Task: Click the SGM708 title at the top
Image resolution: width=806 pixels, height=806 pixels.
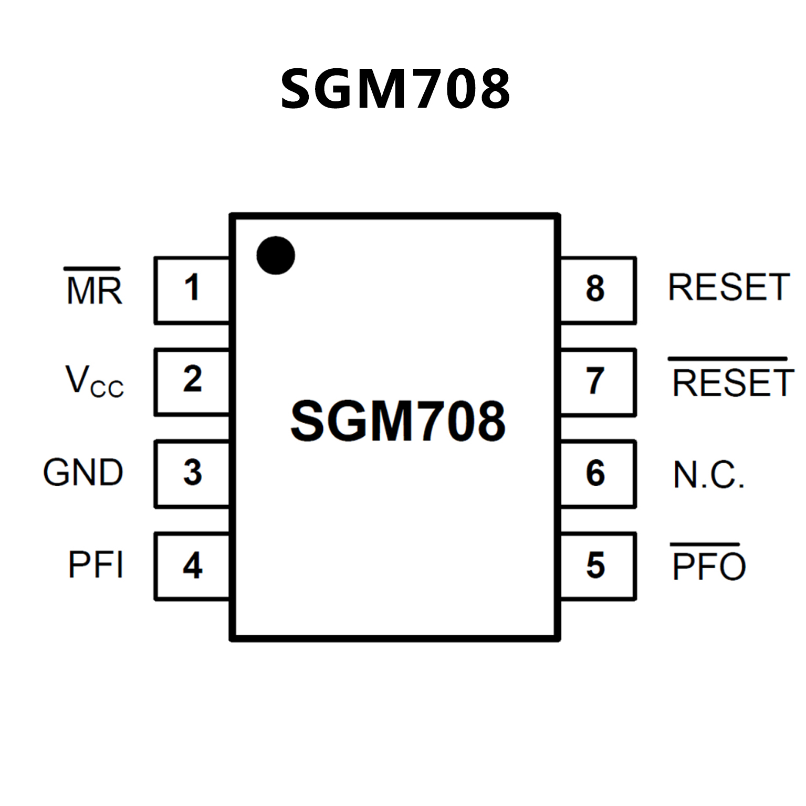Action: pyautogui.click(x=395, y=89)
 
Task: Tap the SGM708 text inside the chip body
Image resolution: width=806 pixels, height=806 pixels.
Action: pyautogui.click(x=397, y=421)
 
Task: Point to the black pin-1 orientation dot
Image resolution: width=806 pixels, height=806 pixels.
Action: pyautogui.click(x=276, y=255)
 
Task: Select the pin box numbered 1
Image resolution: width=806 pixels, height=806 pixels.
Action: pyautogui.click(x=192, y=290)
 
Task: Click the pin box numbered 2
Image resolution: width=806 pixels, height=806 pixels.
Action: pyautogui.click(x=192, y=381)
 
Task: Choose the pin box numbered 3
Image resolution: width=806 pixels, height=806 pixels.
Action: pyautogui.click(x=192, y=474)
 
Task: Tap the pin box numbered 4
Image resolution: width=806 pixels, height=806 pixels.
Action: pyautogui.click(x=192, y=566)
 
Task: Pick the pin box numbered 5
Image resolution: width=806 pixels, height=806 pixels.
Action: pyautogui.click(x=597, y=566)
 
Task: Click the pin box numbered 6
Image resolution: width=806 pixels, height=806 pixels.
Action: pyautogui.click(x=597, y=474)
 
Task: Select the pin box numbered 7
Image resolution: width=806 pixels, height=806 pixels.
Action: pyautogui.click(x=597, y=382)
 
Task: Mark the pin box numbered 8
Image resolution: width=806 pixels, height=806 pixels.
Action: pyautogui.click(x=597, y=290)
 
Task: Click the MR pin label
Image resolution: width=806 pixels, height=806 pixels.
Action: pyautogui.click(x=94, y=290)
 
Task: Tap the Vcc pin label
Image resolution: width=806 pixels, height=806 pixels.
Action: pyautogui.click(x=94, y=381)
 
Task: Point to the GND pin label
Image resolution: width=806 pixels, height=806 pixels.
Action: pyautogui.click(x=83, y=473)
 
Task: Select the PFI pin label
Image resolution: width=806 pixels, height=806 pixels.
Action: pyautogui.click(x=96, y=566)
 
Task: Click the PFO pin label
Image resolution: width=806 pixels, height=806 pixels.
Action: pyautogui.click(x=708, y=566)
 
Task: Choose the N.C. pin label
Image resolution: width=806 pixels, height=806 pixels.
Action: pyautogui.click(x=708, y=475)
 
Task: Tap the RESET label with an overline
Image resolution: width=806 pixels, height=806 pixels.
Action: pyautogui.click(x=732, y=382)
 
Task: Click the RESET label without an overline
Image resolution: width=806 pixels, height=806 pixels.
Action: pyautogui.click(x=729, y=288)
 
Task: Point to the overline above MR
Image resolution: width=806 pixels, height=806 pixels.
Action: pyautogui.click(x=92, y=269)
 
